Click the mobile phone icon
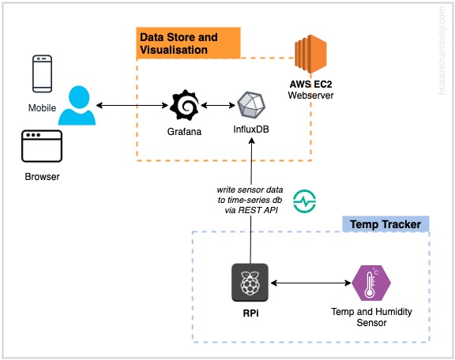tap(43, 73)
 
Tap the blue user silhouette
tap(77, 105)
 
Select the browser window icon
tap(42, 146)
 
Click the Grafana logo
tap(185, 105)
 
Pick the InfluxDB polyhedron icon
tap(251, 105)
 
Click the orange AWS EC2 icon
tap(310, 54)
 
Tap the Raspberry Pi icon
tap(250, 283)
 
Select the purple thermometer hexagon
tap(371, 283)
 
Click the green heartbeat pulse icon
tap(304, 201)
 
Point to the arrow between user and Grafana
tap(133, 105)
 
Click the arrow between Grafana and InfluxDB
tap(218, 105)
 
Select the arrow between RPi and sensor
tap(310, 283)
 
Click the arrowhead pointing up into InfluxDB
tap(251, 141)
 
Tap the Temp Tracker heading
tap(385, 224)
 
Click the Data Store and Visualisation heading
tap(179, 43)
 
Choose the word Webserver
tap(310, 96)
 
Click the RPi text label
tap(250, 313)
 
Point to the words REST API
tap(258, 210)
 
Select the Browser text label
tap(42, 177)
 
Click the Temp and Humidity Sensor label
tap(371, 317)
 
